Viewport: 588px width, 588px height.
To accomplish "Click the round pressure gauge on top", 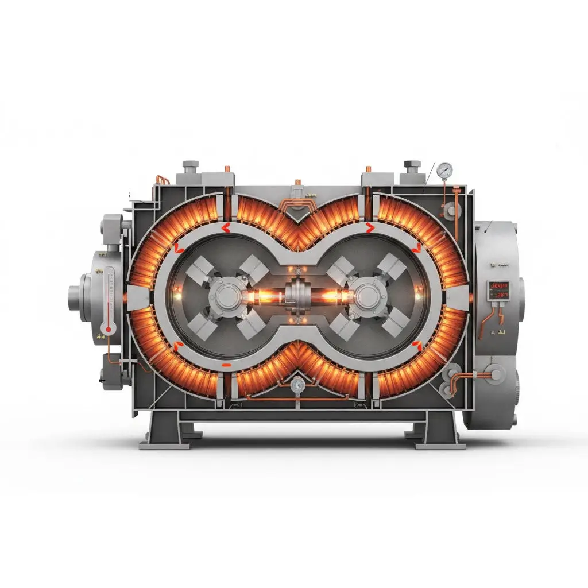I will pyautogui.click(x=444, y=169).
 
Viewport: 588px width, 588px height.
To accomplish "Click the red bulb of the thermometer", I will pyautogui.click(x=106, y=330).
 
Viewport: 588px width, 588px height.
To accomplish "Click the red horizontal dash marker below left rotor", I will pyautogui.click(x=226, y=365).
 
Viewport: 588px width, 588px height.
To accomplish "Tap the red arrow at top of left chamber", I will pyautogui.click(x=226, y=229).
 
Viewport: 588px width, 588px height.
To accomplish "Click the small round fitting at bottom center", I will pyautogui.click(x=296, y=386).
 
